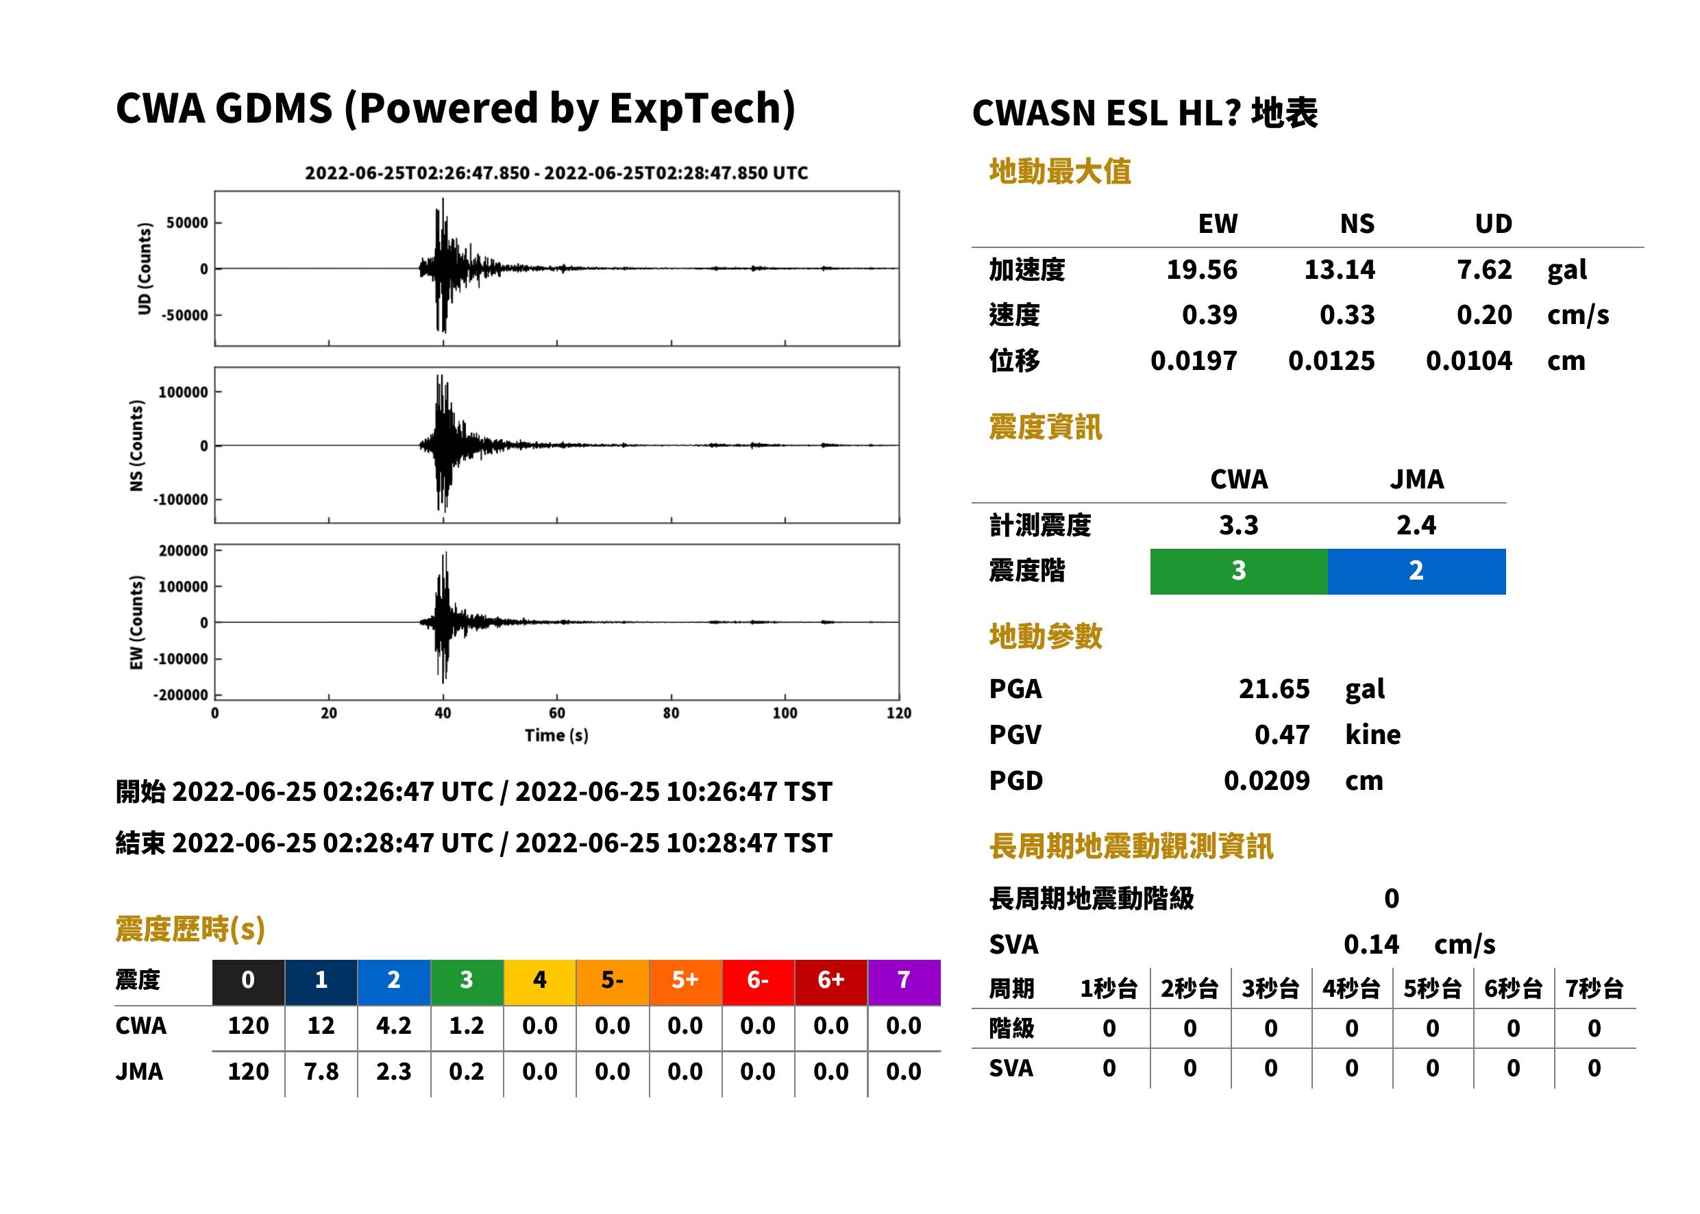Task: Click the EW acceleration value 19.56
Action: pyautogui.click(x=1201, y=270)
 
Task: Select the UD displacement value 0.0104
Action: pyautogui.click(x=1468, y=361)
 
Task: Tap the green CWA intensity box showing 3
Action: pyautogui.click(x=1239, y=571)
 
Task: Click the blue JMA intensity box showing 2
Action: pyautogui.click(x=1417, y=571)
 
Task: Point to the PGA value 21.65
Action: pyautogui.click(x=1274, y=689)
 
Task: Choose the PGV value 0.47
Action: pyautogui.click(x=1282, y=735)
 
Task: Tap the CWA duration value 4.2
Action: pyautogui.click(x=394, y=1026)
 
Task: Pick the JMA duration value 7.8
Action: pyautogui.click(x=321, y=1072)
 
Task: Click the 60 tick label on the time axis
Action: pyautogui.click(x=557, y=713)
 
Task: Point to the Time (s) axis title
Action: pyautogui.click(x=556, y=736)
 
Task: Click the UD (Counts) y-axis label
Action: pyautogui.click(x=145, y=269)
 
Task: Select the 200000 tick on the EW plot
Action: pyautogui.click(x=183, y=551)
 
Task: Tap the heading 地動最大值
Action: pyautogui.click(x=1060, y=171)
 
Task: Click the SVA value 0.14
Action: pyautogui.click(x=1371, y=944)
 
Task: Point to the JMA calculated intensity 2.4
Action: pyautogui.click(x=1416, y=525)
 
